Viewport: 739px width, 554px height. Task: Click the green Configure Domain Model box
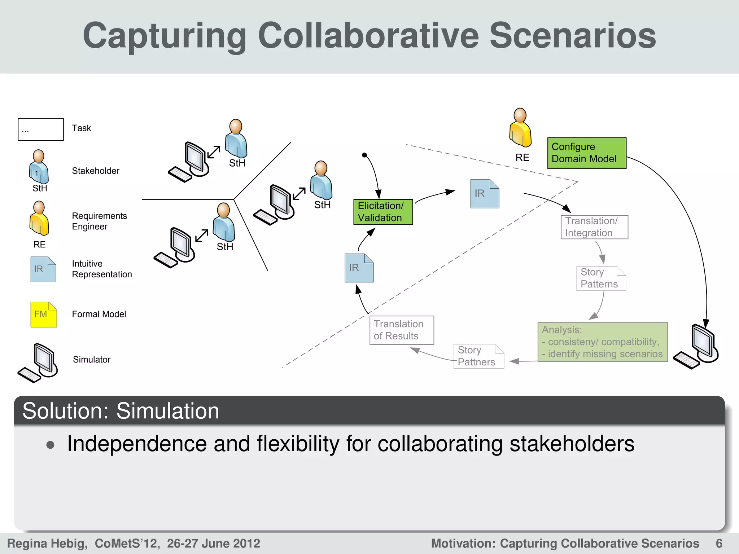tap(586, 153)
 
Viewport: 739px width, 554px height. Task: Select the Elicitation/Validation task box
tap(383, 212)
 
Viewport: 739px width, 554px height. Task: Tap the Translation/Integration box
tap(594, 227)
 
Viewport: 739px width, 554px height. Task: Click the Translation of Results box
tap(401, 330)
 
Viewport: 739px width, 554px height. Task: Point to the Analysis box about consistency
tap(602, 342)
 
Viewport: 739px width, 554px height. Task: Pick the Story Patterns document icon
tap(601, 278)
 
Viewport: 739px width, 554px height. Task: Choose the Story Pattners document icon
tap(478, 356)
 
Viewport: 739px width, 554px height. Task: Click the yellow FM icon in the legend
tap(43, 315)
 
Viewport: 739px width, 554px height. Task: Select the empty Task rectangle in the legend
tap(41, 129)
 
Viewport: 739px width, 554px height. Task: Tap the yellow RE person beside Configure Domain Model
tap(520, 128)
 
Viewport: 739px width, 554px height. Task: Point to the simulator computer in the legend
tap(38, 362)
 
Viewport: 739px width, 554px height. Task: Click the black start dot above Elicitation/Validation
tap(364, 155)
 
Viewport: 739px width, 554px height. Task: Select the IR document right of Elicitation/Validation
tap(484, 194)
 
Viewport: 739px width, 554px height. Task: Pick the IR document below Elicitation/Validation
tap(359, 268)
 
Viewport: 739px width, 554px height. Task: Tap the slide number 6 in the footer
tap(719, 543)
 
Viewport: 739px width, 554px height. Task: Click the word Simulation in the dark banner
tap(168, 411)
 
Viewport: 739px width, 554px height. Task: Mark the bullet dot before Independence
tap(51, 445)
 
